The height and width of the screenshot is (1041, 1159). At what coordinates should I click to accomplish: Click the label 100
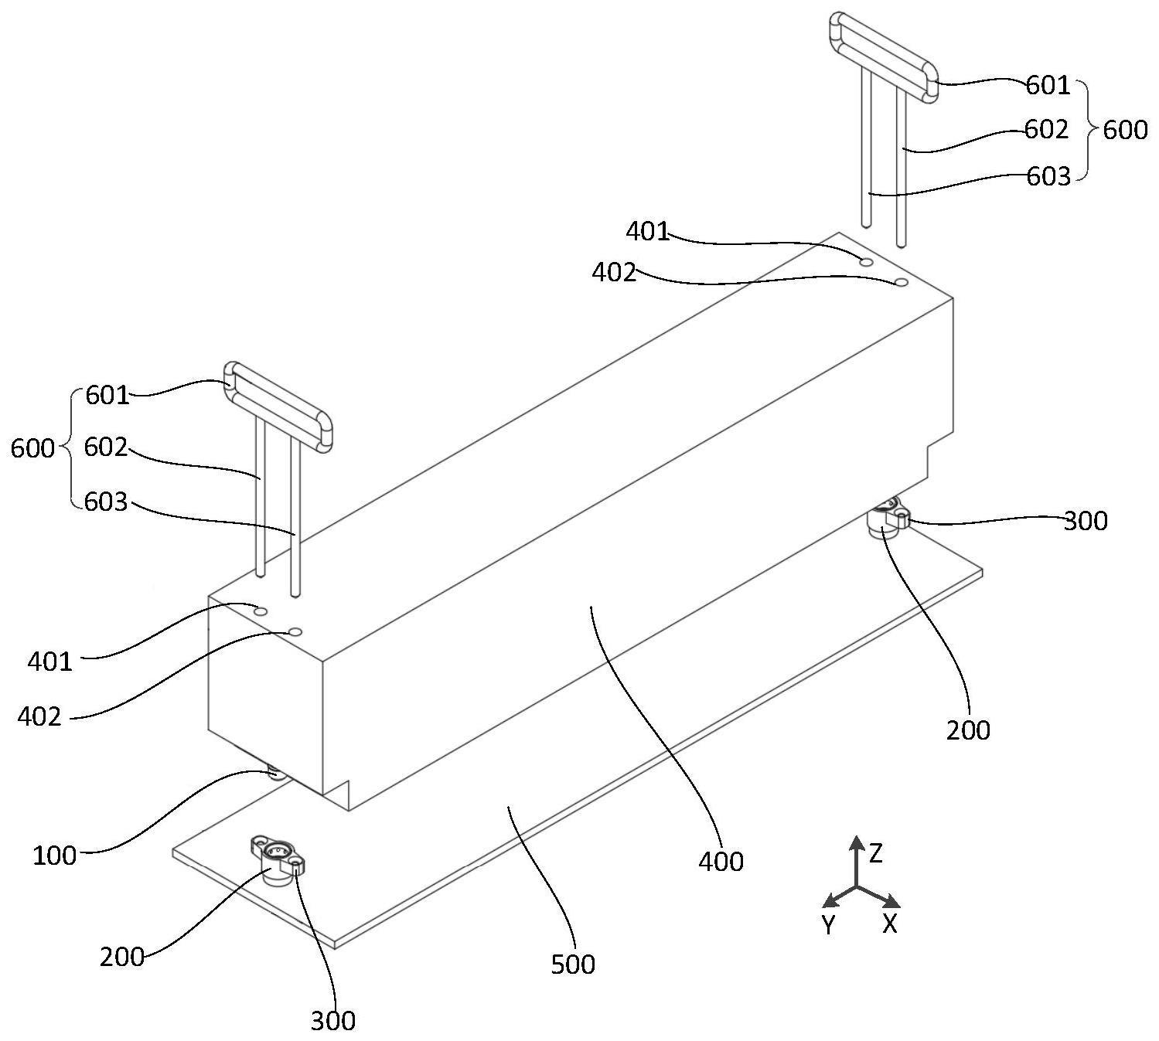click(x=54, y=856)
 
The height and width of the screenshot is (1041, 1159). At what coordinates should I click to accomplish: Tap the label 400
click(x=721, y=861)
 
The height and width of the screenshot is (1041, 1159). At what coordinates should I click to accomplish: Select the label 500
click(x=573, y=964)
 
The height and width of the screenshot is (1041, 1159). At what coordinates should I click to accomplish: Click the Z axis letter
click(x=875, y=853)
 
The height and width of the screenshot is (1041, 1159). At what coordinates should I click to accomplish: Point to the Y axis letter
click(x=828, y=924)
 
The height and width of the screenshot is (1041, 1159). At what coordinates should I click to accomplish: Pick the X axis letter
click(x=890, y=923)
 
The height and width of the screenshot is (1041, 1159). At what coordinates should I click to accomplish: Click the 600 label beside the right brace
click(x=1124, y=130)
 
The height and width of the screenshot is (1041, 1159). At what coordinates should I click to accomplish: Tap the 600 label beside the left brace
click(x=32, y=448)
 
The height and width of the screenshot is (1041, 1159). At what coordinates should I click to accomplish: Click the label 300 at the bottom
click(x=333, y=1021)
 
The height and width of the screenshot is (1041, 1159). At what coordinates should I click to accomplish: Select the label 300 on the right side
click(x=1086, y=522)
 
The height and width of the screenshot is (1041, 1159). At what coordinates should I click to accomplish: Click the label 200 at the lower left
click(x=122, y=957)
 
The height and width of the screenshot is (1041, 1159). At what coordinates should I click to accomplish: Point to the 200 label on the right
click(x=968, y=730)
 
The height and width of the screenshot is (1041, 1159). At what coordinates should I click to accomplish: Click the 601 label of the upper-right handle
click(x=1048, y=85)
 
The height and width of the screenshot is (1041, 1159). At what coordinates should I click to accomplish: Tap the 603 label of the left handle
click(x=106, y=502)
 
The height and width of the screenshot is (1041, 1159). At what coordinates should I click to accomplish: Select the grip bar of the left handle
click(x=278, y=404)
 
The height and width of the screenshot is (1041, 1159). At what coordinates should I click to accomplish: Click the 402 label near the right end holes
click(x=613, y=272)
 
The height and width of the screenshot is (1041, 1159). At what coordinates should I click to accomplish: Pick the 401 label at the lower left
click(x=50, y=662)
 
